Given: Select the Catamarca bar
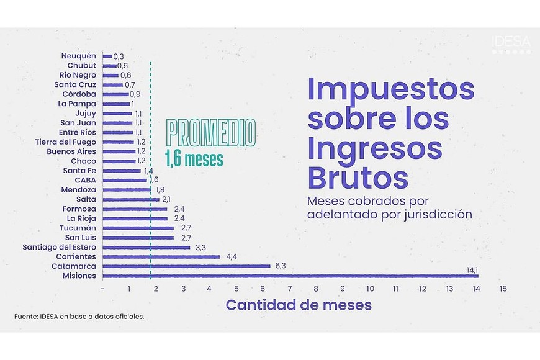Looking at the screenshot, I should point(186,266).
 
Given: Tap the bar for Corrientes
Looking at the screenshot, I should point(161,256).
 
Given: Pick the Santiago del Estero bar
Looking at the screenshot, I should point(146,247).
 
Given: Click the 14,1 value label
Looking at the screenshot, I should point(472,269).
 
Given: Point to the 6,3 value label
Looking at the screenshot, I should point(281,266).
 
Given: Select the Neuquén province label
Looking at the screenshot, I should point(78,56).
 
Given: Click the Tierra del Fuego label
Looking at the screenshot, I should point(65,142).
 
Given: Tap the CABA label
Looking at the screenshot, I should point(85,180).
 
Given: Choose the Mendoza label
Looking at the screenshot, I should point(78,189).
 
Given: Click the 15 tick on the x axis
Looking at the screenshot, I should point(503,289).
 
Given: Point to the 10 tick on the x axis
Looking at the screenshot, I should point(370,289).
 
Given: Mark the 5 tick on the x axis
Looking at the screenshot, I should point(236,289).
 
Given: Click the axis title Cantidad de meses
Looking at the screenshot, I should point(299,305).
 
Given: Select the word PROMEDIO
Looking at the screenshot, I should point(211,132).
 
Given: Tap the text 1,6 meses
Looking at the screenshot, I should point(194,159).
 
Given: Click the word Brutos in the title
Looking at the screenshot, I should point(358,178).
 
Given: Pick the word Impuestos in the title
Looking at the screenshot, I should point(391,89).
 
